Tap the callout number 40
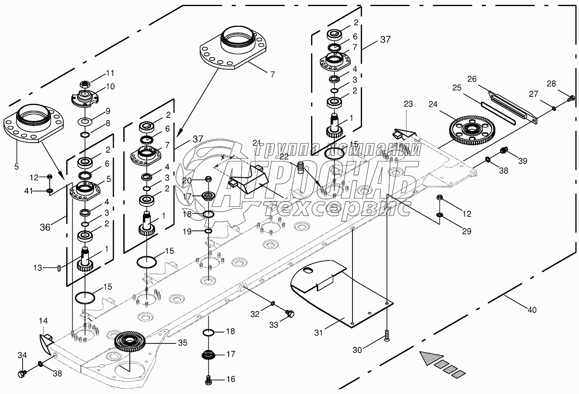click(x=532, y=310)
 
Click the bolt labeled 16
click(x=208, y=380)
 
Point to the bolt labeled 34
click(x=22, y=373)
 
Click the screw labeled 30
click(x=386, y=336)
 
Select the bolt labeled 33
click(x=290, y=313)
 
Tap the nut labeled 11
click(x=85, y=84)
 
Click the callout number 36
click(x=45, y=227)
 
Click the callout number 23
click(x=408, y=104)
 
